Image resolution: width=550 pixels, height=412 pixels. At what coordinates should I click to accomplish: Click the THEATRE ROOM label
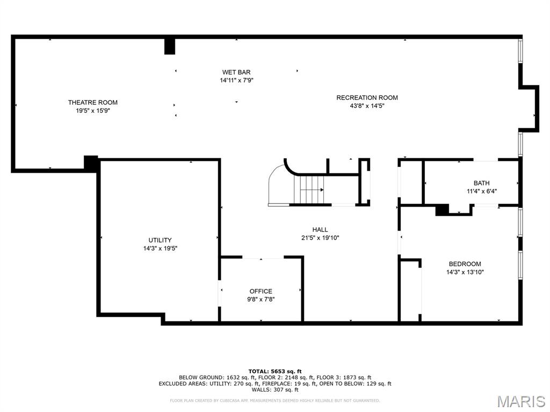point(92,102)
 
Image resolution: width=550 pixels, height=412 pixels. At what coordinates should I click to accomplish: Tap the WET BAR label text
point(236,72)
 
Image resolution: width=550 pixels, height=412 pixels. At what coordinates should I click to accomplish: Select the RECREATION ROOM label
point(367,98)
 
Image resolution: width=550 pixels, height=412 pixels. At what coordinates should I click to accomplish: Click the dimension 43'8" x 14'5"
point(367,106)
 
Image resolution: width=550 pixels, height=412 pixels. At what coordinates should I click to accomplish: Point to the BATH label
point(481,183)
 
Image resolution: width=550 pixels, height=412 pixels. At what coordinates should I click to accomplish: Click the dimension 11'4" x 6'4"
point(481,191)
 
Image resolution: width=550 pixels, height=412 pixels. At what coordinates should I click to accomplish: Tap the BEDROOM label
point(465,264)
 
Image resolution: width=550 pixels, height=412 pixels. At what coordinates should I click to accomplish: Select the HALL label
point(320,230)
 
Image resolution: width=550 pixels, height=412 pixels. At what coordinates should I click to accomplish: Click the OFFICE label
point(260,291)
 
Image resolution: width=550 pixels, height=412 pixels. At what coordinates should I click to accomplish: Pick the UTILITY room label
point(160,240)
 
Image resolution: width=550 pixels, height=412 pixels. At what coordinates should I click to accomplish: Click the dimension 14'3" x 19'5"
point(160,248)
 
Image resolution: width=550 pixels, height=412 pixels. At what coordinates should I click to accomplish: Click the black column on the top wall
point(170,46)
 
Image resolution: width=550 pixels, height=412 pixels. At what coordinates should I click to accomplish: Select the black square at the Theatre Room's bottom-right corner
point(91,163)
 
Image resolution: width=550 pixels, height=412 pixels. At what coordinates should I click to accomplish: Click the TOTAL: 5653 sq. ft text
point(274,371)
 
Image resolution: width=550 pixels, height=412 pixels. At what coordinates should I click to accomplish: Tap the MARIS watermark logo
point(521,401)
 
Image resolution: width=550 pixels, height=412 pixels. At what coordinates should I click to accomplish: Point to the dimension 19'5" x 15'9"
point(92,111)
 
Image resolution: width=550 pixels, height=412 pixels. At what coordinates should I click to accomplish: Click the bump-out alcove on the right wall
point(530,108)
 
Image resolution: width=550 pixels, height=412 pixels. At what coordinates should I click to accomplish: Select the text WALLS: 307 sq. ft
point(275,390)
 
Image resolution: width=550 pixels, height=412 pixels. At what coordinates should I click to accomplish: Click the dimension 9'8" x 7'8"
point(260,299)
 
